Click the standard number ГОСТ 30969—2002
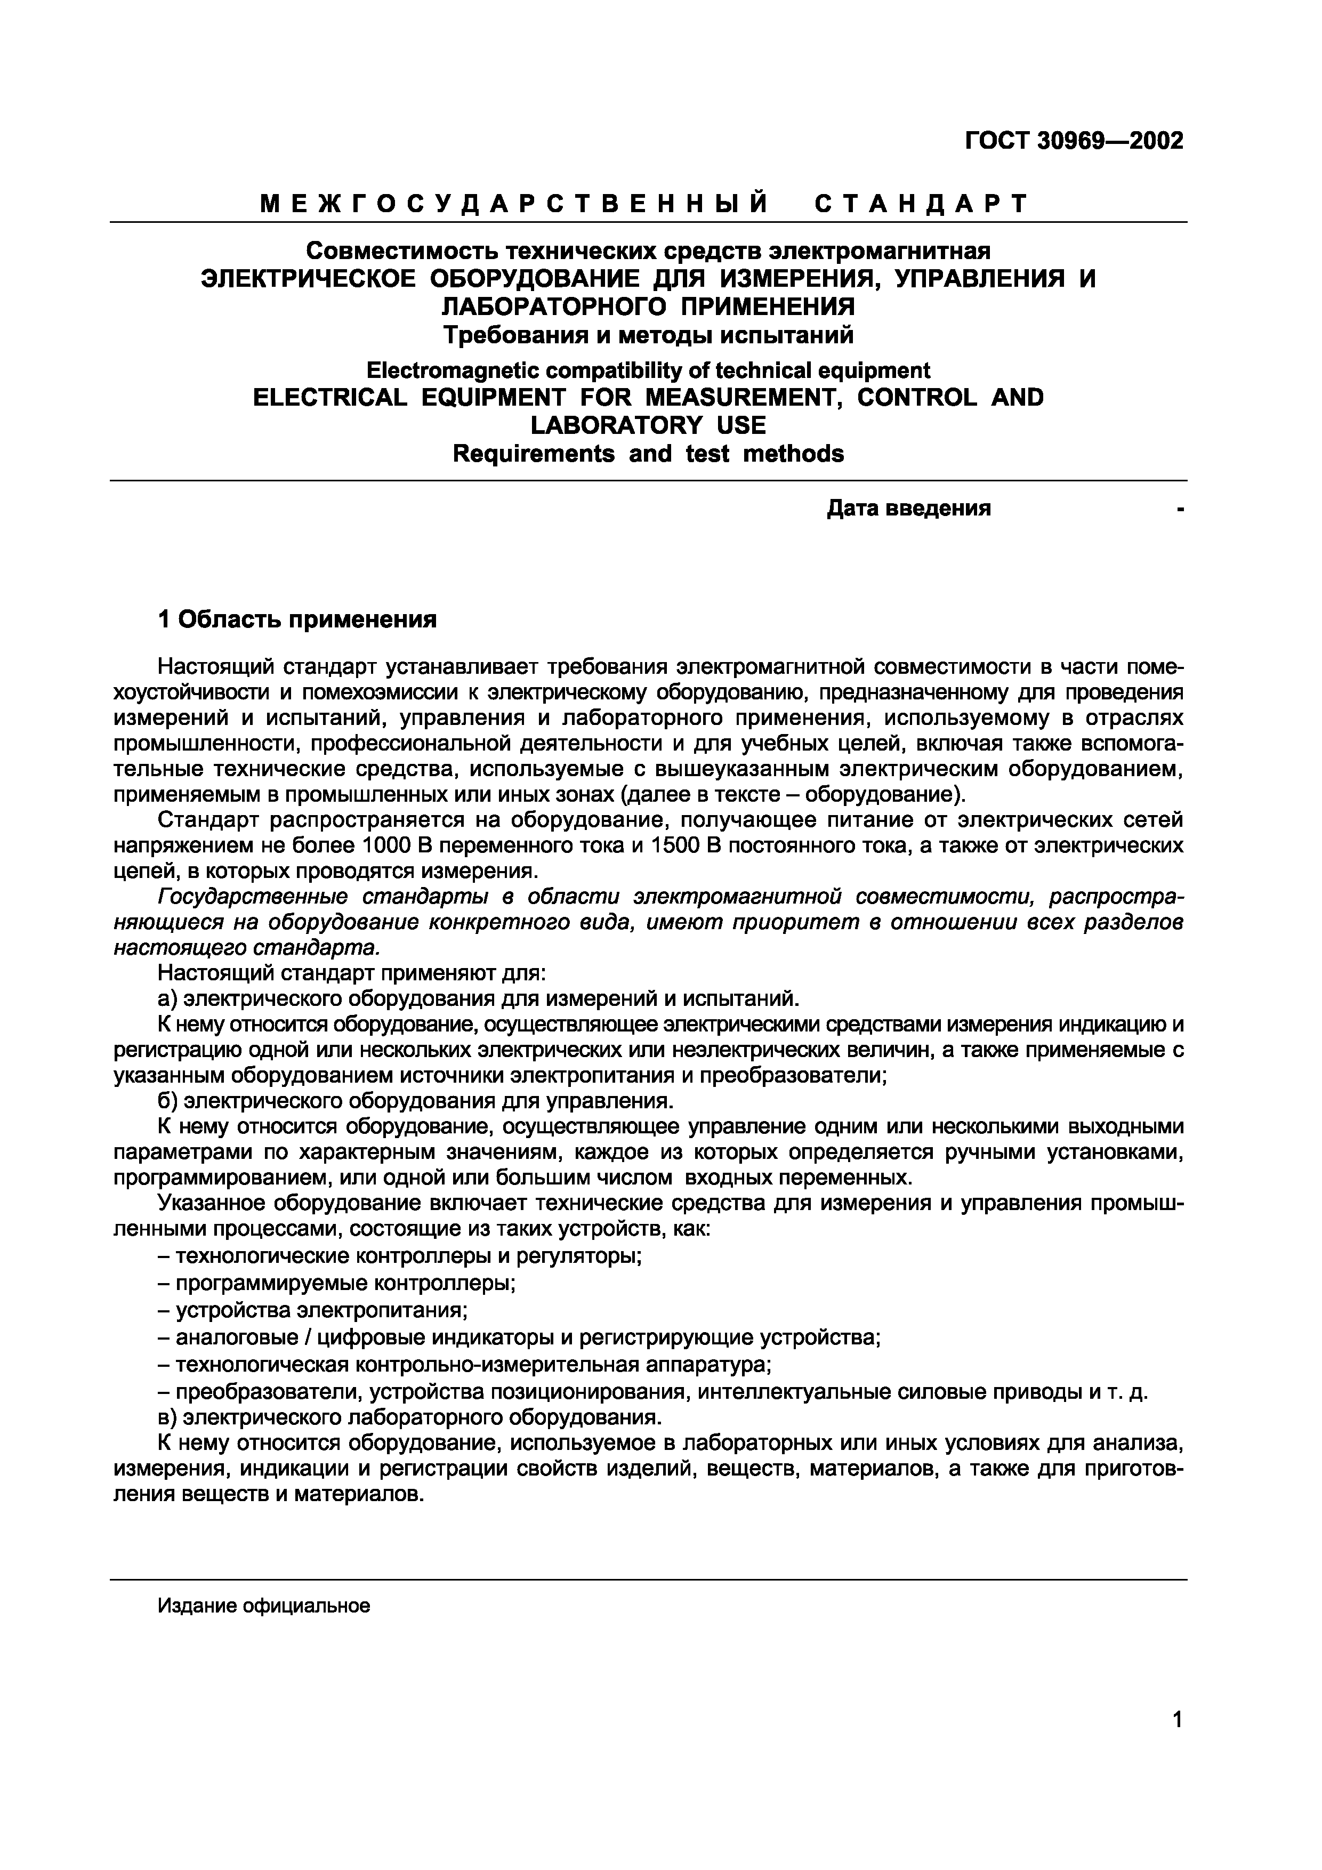(1074, 141)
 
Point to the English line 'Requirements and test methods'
(648, 454)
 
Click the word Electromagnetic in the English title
(452, 372)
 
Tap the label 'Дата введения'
(908, 509)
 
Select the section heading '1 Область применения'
(297, 620)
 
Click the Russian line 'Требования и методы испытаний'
(648, 335)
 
